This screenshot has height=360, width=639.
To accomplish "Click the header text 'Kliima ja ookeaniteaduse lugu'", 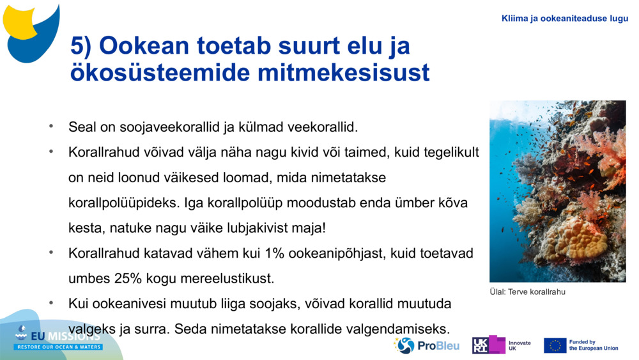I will point(565,19).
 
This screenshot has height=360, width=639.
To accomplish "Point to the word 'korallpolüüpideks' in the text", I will point(124,203).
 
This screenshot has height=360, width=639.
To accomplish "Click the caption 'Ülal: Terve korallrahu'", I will point(527,292).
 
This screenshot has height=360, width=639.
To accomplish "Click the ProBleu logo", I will point(426,345).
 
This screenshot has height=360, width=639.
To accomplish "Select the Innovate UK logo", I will point(501,345).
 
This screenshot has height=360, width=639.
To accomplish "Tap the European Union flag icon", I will point(555,345).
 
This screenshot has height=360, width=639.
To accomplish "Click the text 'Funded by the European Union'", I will point(593,345).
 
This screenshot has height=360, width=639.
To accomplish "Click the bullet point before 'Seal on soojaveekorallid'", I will point(51,127).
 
